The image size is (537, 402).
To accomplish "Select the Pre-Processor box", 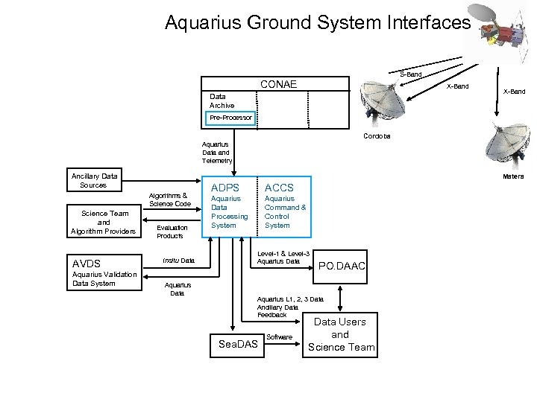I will [231, 118].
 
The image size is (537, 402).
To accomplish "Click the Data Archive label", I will [222, 101].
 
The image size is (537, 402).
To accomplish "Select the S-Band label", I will [411, 74].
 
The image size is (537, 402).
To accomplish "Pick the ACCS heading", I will [279, 188].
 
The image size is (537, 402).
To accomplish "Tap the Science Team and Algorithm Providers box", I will [104, 222].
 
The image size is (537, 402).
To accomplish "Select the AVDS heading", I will [87, 263].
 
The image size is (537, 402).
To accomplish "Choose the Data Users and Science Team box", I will [339, 335].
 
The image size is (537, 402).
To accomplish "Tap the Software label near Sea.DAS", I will [279, 337].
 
